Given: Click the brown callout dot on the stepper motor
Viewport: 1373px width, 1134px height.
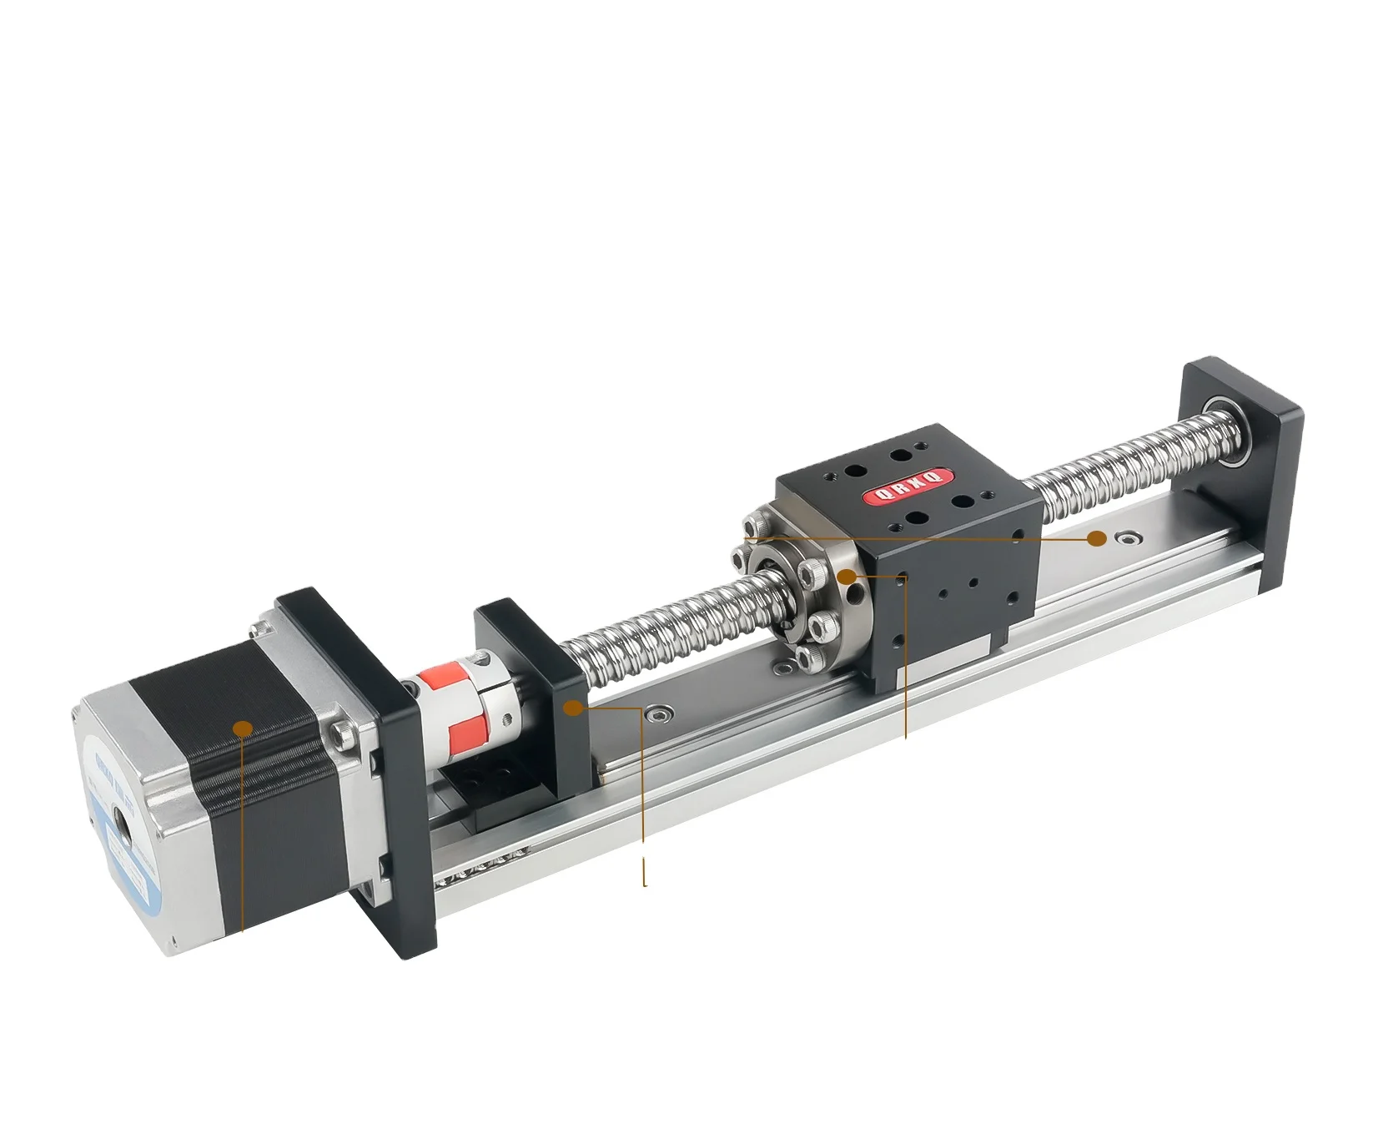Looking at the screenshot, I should click(243, 728).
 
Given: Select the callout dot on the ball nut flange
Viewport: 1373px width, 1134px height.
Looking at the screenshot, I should click(847, 576).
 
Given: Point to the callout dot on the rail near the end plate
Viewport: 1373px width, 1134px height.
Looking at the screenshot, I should click(1098, 539).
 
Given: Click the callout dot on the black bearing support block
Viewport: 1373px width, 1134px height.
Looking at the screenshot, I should click(573, 708).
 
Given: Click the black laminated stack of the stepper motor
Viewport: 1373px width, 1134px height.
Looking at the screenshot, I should click(250, 751).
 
